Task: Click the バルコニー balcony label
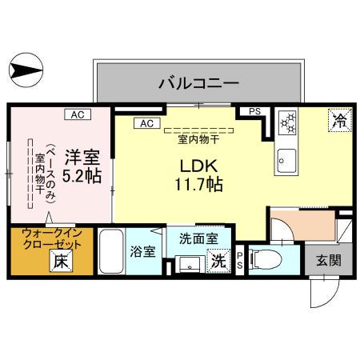pos(198,82)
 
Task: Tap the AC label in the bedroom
pos(78,114)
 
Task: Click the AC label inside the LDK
pos(147,123)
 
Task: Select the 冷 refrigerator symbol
pos(340,121)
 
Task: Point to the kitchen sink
pos(286,162)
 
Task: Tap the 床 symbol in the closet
pos(60,260)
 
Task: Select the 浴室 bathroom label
pos(142,250)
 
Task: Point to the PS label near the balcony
pos(254,112)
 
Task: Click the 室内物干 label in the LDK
pos(198,138)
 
